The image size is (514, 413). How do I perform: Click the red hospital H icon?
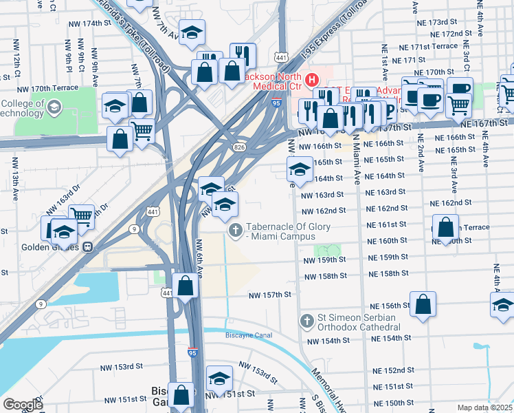pyautogui.click(x=311, y=81)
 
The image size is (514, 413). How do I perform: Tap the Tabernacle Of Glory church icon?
pyautogui.click(x=235, y=230)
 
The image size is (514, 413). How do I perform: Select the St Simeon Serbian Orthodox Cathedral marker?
pyautogui.click(x=307, y=321)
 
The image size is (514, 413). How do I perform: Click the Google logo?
pyautogui.click(x=22, y=405)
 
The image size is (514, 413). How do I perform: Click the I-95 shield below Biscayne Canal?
pyautogui.click(x=194, y=352)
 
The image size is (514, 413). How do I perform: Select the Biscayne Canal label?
pyautogui.click(x=248, y=335)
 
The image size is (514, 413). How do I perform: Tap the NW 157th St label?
pyautogui.click(x=270, y=295)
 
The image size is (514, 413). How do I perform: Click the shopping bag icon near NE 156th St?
pyautogui.click(x=423, y=304)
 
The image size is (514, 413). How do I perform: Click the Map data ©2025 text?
pyautogui.click(x=484, y=407)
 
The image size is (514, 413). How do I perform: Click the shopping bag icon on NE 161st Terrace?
pyautogui.click(x=445, y=226)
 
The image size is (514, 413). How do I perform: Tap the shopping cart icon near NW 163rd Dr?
pyautogui.click(x=81, y=216)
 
